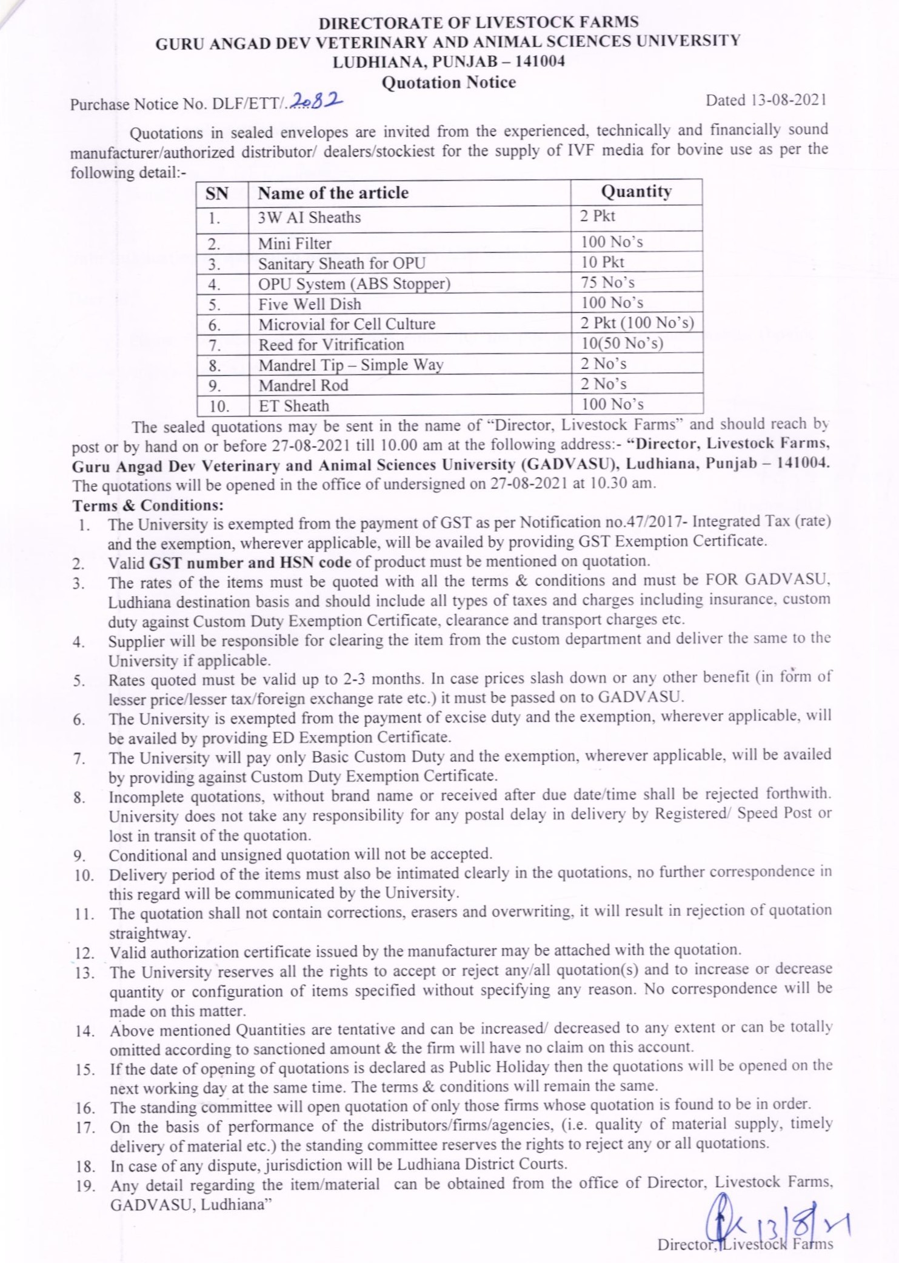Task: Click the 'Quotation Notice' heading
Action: coord(449,82)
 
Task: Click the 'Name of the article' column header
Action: coord(333,193)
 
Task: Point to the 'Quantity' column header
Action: coord(636,192)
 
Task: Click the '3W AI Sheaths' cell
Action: coord(309,218)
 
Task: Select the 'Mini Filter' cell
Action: coord(295,244)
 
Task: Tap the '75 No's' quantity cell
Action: coord(607,282)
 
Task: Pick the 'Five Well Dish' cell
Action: coord(309,304)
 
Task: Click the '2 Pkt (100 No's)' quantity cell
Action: coord(637,323)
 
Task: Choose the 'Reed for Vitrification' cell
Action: coord(331,344)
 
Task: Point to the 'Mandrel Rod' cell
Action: coord(303,385)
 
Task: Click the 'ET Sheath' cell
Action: coord(293,405)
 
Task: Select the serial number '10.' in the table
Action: coord(219,406)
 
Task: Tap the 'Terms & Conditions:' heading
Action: coord(148,505)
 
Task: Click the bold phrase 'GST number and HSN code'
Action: coord(250,562)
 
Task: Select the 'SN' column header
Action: coord(217,193)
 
